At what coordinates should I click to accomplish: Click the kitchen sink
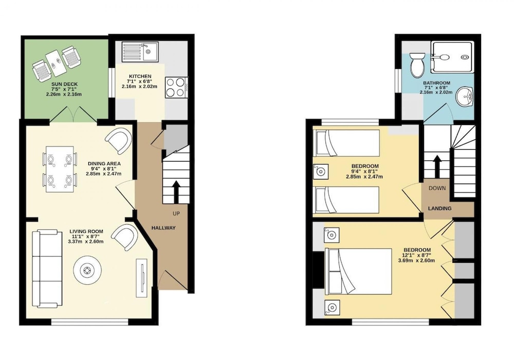tap(140, 52)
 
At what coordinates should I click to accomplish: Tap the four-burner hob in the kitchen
tap(177, 87)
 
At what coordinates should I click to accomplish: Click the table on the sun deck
tap(58, 61)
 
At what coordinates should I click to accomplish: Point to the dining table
tap(60, 169)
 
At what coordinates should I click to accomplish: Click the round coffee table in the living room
tap(87, 271)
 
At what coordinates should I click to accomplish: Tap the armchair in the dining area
tap(119, 141)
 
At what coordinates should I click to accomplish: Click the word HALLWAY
tap(163, 228)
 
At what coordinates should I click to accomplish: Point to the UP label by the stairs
tap(176, 214)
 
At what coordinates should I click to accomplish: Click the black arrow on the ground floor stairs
tap(176, 192)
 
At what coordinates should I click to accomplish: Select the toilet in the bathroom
tap(417, 65)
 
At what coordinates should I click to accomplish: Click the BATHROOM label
tap(436, 83)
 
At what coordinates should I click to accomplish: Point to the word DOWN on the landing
tap(437, 188)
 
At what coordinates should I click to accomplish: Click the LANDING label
tap(439, 208)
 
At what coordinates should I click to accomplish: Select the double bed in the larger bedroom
tap(358, 272)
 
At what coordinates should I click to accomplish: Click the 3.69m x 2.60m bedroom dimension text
tap(416, 261)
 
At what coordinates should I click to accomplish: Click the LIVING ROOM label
tap(86, 231)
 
